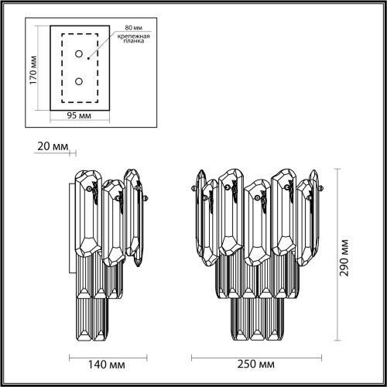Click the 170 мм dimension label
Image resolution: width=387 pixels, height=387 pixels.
[x=33, y=70]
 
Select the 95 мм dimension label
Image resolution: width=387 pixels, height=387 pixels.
[x=79, y=115]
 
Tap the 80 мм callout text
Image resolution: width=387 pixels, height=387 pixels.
[x=134, y=27]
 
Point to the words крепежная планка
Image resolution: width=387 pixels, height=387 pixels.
[x=134, y=39]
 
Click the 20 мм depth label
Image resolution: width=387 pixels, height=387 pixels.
[x=53, y=146]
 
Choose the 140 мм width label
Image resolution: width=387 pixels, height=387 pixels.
[x=107, y=365]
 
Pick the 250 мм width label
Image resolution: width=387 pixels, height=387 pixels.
[x=256, y=364]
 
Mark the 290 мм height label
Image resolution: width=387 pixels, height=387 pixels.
[x=344, y=258]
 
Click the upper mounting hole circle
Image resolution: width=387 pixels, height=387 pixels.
[x=79, y=54]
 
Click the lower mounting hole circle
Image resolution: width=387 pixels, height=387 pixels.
[x=79, y=81]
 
